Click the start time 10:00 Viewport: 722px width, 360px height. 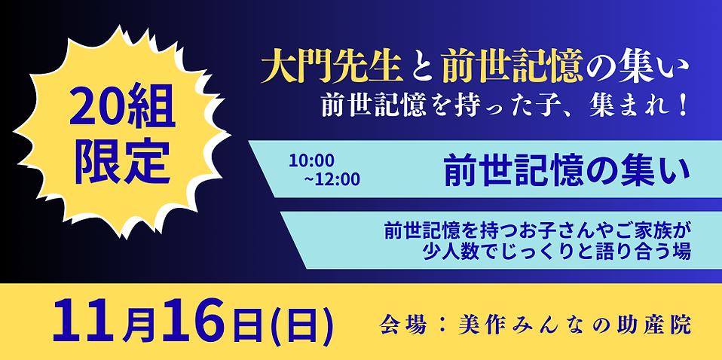311,160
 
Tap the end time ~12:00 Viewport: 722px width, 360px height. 332,179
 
